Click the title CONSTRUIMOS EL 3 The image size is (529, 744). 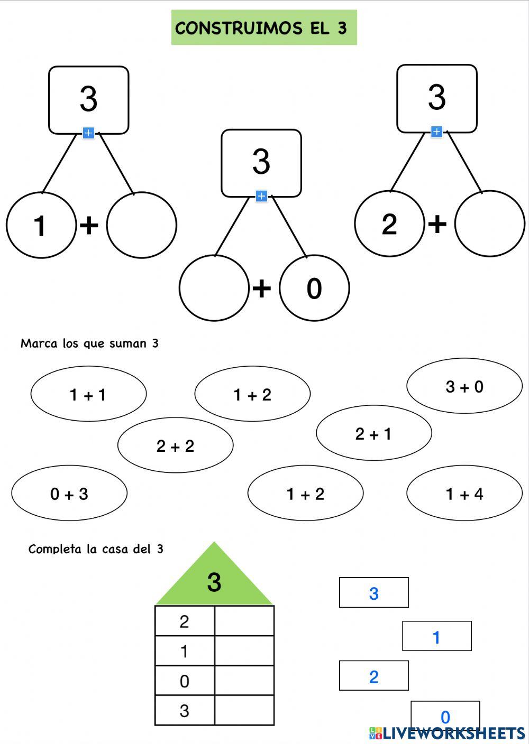[263, 27]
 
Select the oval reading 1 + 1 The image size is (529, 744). [88, 394]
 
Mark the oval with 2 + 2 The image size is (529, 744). [175, 445]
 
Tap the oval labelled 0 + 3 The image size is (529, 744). [69, 494]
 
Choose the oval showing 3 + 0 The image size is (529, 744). [464, 386]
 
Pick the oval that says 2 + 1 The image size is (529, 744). [373, 433]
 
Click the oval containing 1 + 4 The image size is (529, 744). [464, 494]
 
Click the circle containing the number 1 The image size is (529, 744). [40, 226]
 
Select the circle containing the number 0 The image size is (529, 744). [314, 289]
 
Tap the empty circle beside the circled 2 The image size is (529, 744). [489, 224]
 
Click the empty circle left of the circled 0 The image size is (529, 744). [214, 289]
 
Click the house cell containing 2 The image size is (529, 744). [185, 621]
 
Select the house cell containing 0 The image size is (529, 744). [185, 681]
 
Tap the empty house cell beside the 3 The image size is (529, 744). [244, 710]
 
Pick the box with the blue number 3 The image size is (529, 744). [373, 592]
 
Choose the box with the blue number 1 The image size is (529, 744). [436, 636]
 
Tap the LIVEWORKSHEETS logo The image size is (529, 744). [447, 732]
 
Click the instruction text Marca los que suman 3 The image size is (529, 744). [89, 343]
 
